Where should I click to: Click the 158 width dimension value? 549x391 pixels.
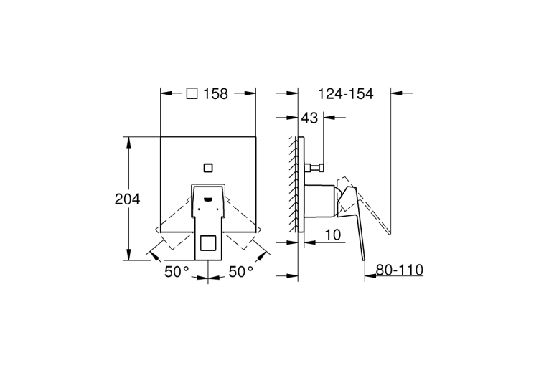point(216,94)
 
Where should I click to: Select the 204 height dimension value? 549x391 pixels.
point(128,199)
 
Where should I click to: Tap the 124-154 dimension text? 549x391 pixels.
point(346,94)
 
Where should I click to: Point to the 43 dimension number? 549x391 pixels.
point(309,118)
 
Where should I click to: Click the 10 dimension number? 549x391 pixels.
point(332,235)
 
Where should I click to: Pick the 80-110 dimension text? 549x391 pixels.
point(400,270)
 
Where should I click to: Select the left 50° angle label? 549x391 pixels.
point(177,272)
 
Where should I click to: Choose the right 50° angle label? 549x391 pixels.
point(241,272)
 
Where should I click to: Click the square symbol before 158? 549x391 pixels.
point(192,93)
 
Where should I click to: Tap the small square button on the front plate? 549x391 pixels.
point(208,168)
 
